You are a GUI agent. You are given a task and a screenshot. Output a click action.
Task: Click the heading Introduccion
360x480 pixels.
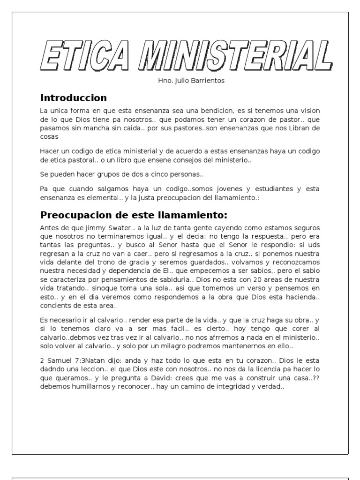click(74, 98)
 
